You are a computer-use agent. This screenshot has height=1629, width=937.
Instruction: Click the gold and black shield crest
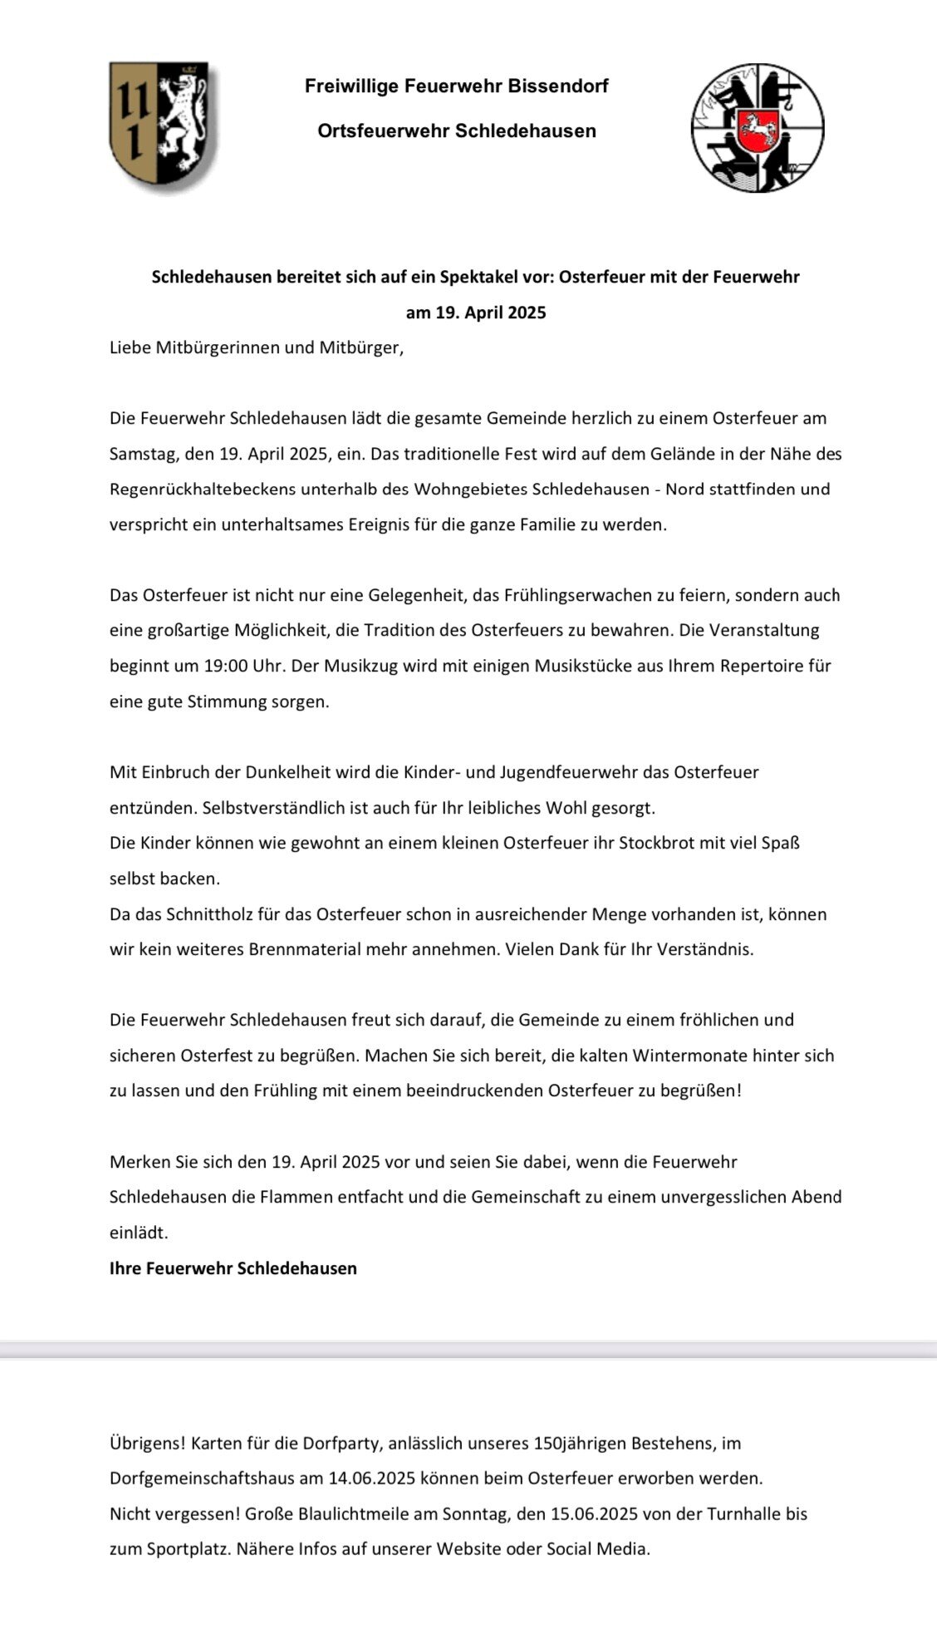pyautogui.click(x=163, y=126)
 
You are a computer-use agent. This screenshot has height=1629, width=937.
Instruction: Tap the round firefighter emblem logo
pyautogui.click(x=757, y=128)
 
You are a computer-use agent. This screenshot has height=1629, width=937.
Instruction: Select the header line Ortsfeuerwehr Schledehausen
pyautogui.click(x=456, y=130)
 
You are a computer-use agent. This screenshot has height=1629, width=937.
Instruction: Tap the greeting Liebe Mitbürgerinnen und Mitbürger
pyautogui.click(x=256, y=347)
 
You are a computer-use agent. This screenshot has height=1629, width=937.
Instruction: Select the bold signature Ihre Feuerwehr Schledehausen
pyautogui.click(x=233, y=1268)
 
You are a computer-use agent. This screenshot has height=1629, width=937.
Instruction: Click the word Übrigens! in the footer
pyautogui.click(x=146, y=1444)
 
